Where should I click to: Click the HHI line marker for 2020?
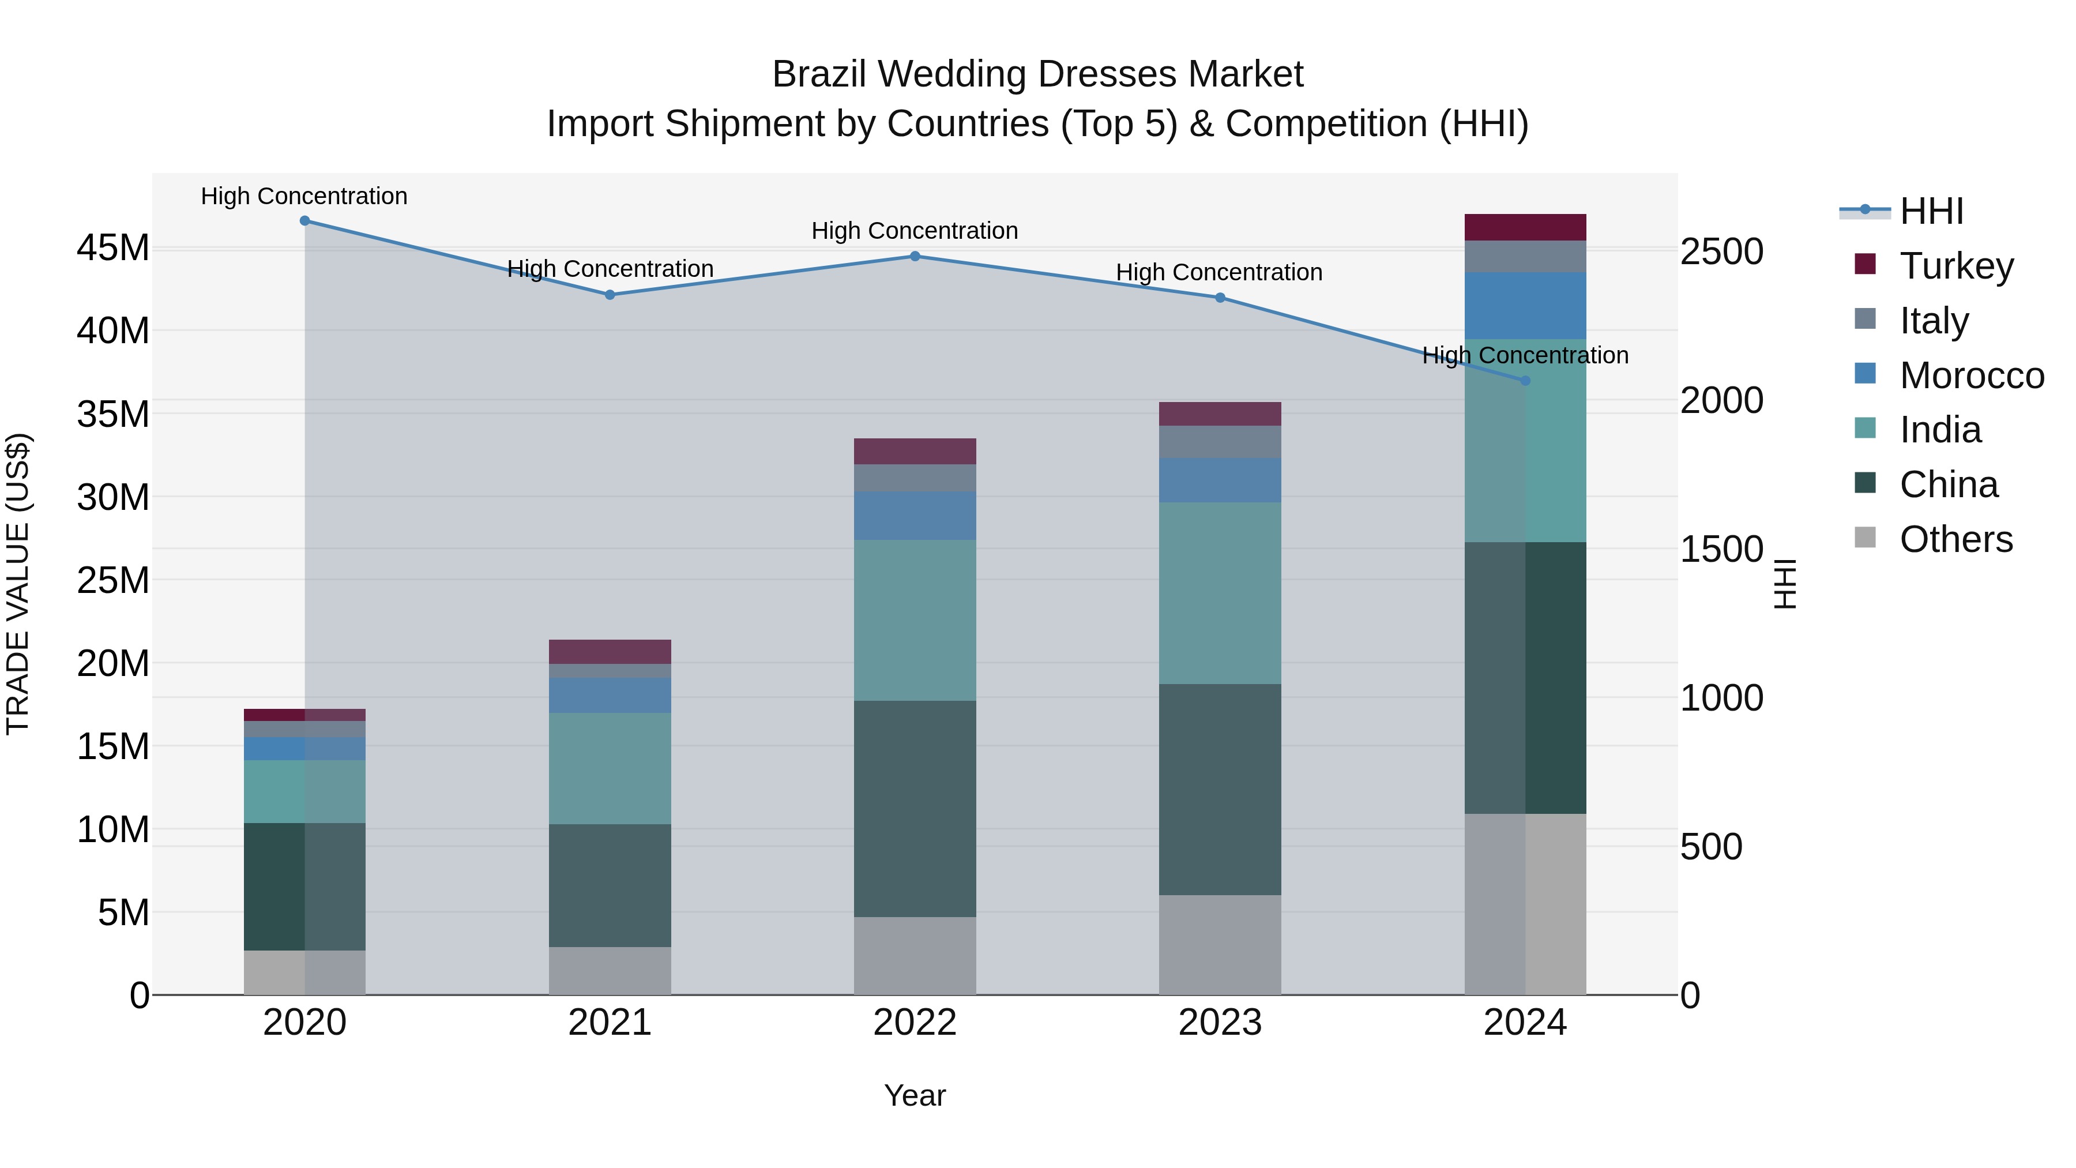pos(304,221)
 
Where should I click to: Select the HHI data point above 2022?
pos(915,256)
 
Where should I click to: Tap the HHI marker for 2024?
pos(1525,381)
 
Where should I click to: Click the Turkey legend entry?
pos(1956,265)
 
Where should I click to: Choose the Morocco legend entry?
pos(1970,375)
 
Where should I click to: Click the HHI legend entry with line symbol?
pos(1931,211)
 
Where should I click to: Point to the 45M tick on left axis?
pos(113,247)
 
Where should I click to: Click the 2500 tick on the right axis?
pos(1721,251)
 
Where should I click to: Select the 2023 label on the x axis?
pos(1219,1023)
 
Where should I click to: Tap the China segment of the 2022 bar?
pos(915,809)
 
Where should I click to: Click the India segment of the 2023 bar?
pos(1219,594)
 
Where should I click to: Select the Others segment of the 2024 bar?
pos(1525,904)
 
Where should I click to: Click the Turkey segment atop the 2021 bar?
pos(610,651)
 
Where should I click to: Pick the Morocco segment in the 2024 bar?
pos(1525,306)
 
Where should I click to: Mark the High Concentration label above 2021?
pos(610,268)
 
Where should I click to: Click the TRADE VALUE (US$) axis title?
pos(18,584)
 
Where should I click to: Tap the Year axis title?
pos(915,1095)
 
